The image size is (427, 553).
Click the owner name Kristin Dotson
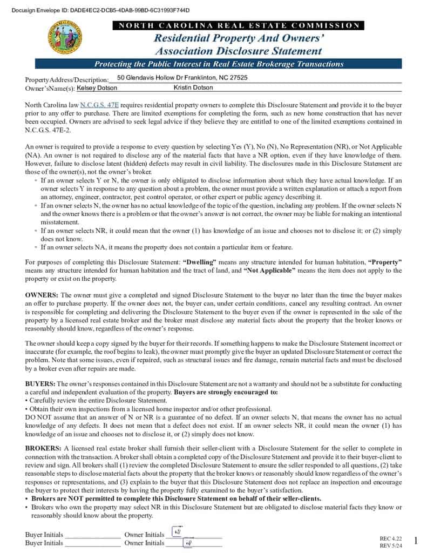coord(193,87)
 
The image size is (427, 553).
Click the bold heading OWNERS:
coord(42,295)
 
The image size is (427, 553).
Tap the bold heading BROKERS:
coord(43,448)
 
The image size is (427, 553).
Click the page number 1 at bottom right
coord(416,541)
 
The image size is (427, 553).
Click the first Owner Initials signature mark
coord(177,532)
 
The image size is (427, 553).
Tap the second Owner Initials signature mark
coord(188,543)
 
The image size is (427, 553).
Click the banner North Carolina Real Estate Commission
coord(239,25)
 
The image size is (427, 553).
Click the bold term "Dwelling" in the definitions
coord(198,262)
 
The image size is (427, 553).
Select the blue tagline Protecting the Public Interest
coord(219,64)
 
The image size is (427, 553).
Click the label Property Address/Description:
coord(67,79)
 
